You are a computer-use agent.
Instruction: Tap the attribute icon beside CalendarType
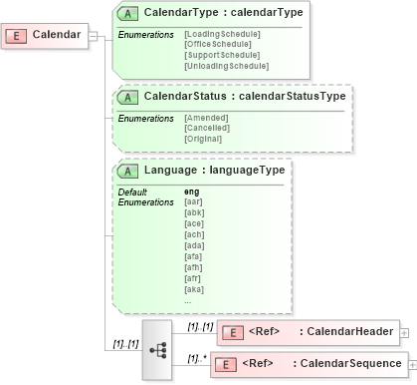128,13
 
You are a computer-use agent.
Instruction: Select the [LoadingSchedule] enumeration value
222,35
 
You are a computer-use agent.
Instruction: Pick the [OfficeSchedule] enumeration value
219,45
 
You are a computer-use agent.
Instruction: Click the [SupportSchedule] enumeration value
222,55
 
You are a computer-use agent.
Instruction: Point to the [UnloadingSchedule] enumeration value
226,65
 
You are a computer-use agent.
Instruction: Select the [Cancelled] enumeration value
207,128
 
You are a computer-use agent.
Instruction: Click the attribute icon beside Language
128,170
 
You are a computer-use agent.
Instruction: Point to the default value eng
191,191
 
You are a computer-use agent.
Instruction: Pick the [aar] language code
193,201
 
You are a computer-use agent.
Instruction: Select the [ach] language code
193,234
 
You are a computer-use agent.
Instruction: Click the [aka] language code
193,289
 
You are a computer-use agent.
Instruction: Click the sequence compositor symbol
157,349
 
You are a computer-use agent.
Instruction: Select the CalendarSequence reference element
308,364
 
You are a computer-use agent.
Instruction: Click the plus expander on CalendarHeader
405,331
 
